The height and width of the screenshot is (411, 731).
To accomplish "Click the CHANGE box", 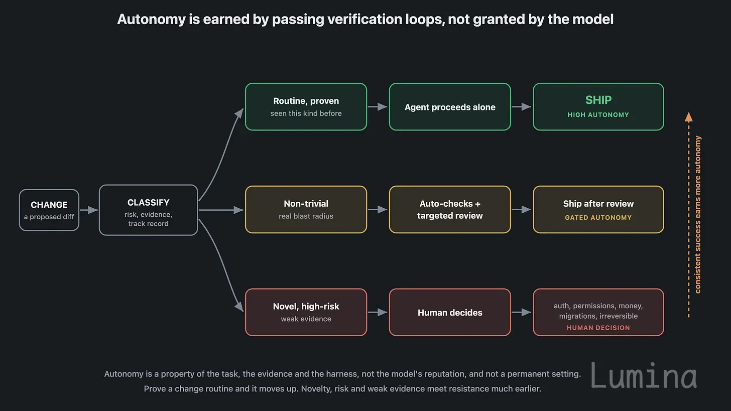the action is [49, 210].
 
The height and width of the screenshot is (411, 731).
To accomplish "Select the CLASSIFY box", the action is [149, 210].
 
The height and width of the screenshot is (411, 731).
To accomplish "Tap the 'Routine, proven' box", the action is [306, 107].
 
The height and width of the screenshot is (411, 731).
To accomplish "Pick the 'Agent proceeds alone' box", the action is [450, 107].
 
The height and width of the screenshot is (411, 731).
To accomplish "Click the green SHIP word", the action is [598, 100].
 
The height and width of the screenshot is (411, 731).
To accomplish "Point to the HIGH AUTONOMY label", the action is [598, 115].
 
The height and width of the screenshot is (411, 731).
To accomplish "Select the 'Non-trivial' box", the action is [306, 209].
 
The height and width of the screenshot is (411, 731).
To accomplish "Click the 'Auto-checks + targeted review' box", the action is [450, 209].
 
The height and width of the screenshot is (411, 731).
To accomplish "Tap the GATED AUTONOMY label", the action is [598, 218].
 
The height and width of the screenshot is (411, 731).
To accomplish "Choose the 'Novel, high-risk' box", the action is [306, 312].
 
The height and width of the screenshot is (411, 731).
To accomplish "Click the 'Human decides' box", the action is [450, 312].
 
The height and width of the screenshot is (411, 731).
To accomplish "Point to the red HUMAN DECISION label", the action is [598, 328].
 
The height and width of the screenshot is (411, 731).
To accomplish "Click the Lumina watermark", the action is [644, 375].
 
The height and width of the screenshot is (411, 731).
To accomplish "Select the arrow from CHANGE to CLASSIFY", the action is [89, 210].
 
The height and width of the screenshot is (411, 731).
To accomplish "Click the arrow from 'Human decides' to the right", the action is [522, 312].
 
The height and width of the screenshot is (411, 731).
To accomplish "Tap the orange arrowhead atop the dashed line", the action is [689, 117].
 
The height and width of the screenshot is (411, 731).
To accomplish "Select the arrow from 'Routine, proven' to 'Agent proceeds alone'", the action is [378, 107].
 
